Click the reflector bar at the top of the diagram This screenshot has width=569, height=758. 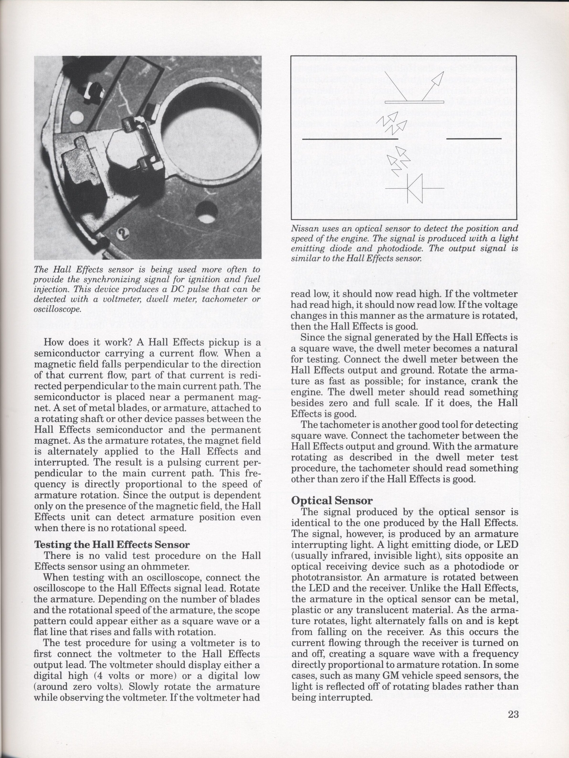pyautogui.click(x=414, y=102)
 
